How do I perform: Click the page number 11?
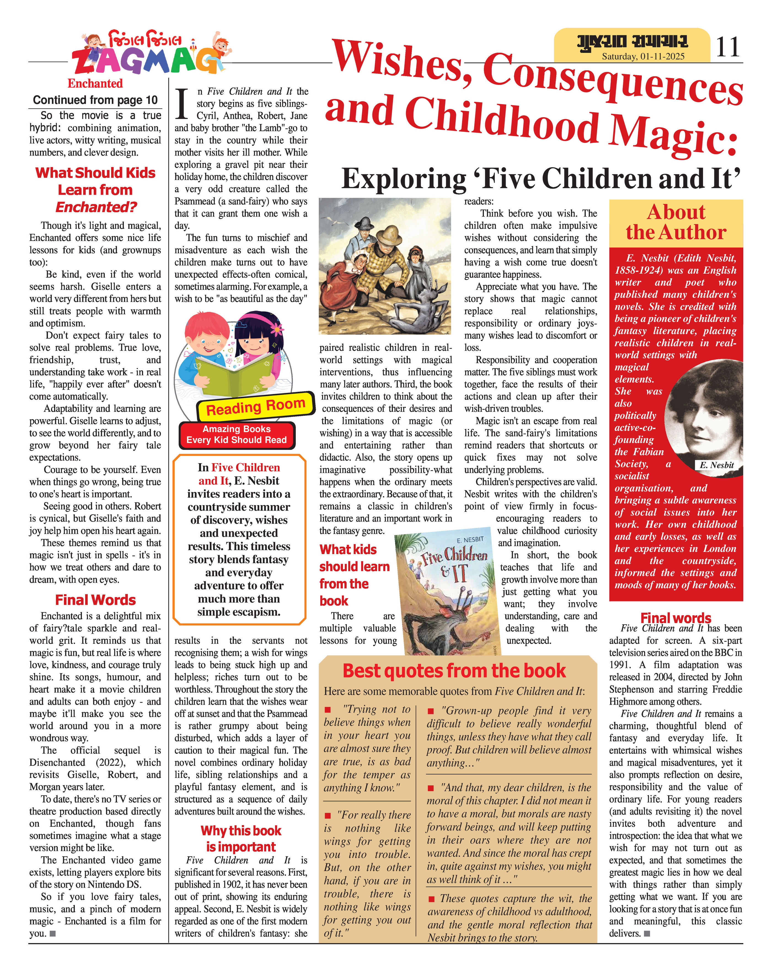(727, 46)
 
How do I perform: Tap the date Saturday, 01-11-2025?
(643, 56)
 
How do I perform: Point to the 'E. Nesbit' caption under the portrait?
(717, 465)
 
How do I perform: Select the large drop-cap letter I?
(182, 104)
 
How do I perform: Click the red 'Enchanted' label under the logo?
(95, 84)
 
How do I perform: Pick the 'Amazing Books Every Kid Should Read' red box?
(237, 435)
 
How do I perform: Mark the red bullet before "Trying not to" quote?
(328, 710)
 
